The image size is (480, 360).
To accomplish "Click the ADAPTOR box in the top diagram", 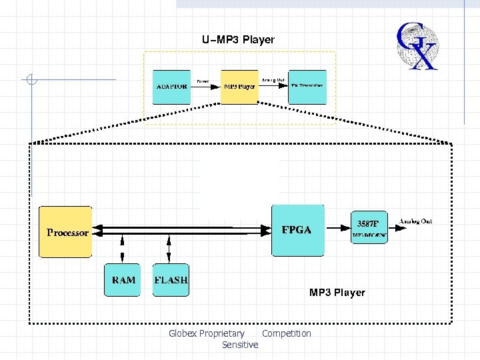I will (171, 87).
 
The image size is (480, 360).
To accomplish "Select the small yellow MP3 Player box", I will (239, 87).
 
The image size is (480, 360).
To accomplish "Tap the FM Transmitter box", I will (307, 87).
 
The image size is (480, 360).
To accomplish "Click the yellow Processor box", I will (66, 232).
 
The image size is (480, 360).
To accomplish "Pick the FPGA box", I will (298, 231).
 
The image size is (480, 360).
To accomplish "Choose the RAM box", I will (123, 280).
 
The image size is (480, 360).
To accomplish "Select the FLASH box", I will (171, 280).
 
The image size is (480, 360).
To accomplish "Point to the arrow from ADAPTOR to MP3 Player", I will (205, 87).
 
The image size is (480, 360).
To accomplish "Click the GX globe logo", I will (417, 46).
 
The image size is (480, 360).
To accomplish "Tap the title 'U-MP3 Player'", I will (238, 40).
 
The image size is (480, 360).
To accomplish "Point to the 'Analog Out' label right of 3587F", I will (415, 221).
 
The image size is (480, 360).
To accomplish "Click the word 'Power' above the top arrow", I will (202, 81).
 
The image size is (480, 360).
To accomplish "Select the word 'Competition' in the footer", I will (287, 333).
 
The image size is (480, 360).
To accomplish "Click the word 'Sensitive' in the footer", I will (240, 345).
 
